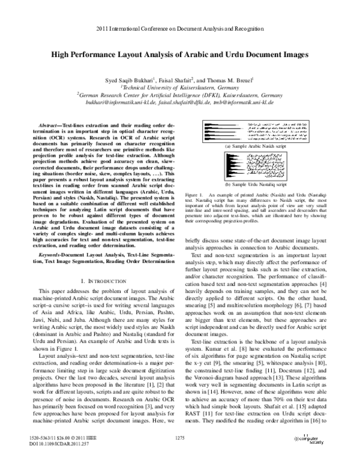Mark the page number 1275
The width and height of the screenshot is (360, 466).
[180, 441]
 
